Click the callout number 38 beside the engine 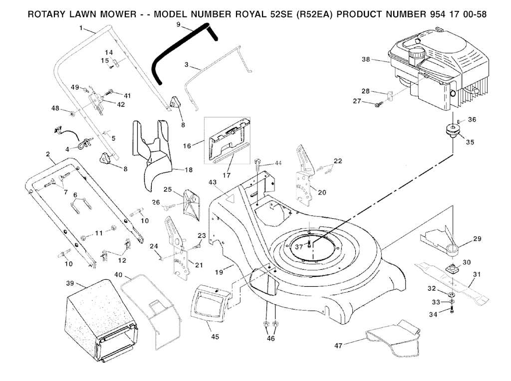pos(366,59)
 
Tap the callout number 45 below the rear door pos(215,337)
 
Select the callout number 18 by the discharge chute pos(188,170)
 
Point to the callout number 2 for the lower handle pos(48,155)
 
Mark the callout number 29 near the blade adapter pos(477,239)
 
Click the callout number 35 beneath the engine pos(470,142)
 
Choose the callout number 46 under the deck pos(270,339)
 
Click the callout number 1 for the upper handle pos(81,28)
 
